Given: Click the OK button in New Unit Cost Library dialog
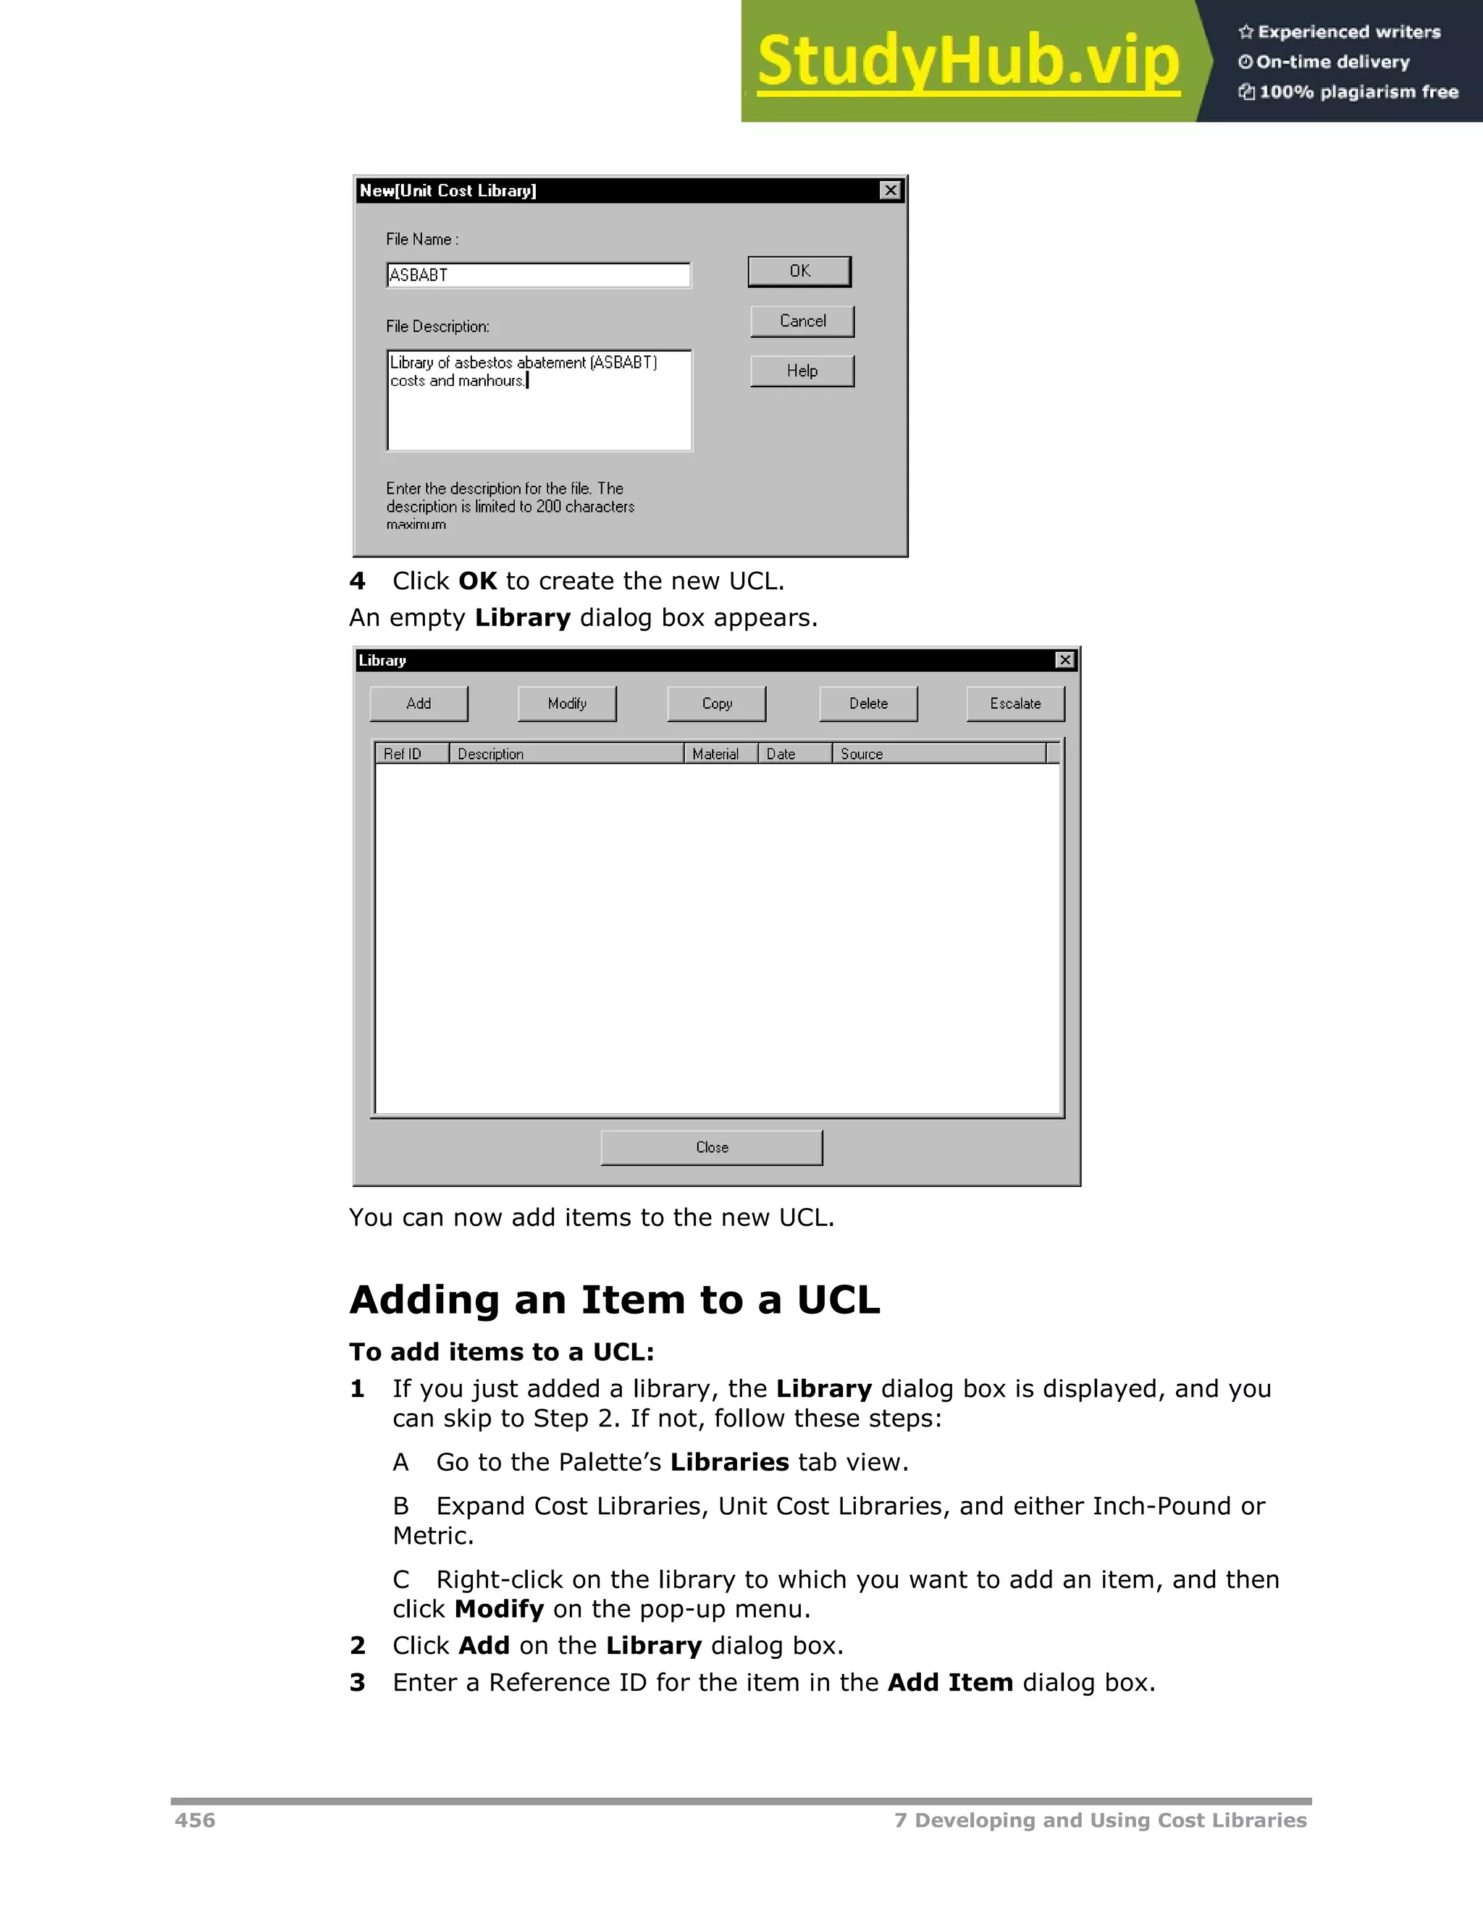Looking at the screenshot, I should point(799,271).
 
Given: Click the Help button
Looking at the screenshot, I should point(802,371).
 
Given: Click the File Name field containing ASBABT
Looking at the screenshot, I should point(539,275).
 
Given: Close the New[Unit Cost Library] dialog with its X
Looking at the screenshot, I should point(890,190).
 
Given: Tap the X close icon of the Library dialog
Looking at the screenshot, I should point(1064,659).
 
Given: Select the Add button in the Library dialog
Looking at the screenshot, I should point(419,704).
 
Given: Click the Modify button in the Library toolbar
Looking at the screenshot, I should point(567,704).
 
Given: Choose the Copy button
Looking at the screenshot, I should point(717,704).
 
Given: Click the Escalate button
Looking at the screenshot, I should point(1016,704).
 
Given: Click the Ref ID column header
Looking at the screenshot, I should point(411,753).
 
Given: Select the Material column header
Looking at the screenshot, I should point(720,753).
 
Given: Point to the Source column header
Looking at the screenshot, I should point(938,753).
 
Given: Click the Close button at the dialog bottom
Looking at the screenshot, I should point(712,1147).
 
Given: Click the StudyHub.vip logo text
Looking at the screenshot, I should point(968,62).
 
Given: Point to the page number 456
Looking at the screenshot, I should point(195,1820).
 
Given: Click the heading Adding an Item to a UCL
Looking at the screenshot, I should point(614,1300).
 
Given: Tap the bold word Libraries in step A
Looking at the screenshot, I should point(729,1462).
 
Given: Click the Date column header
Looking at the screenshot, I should point(794,753).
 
